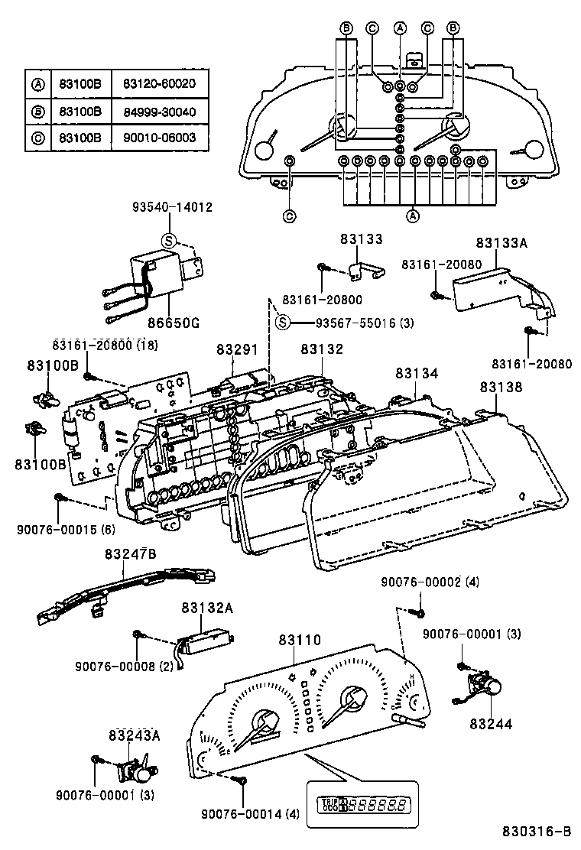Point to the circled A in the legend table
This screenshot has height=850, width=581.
tap(37, 83)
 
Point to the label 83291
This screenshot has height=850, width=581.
tap(239, 349)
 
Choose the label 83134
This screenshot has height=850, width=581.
tap(417, 372)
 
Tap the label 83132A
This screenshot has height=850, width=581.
tap(206, 607)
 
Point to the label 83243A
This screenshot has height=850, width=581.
tap(134, 735)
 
